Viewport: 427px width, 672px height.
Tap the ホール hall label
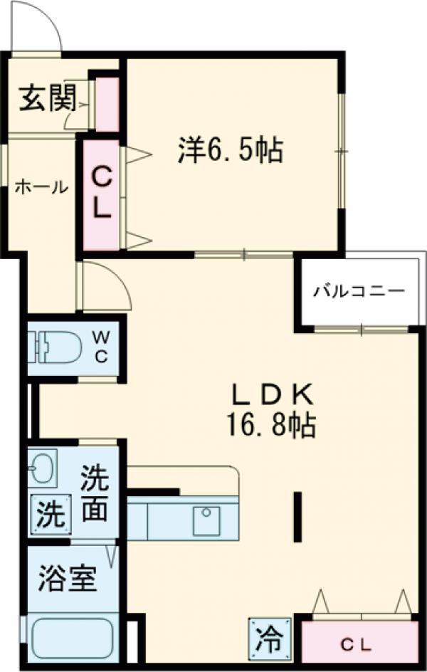pos(41,187)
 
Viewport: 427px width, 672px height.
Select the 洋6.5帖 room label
pos(230,151)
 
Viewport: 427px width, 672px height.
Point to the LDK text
pos(270,394)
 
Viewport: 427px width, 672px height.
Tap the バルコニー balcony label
pos(359,292)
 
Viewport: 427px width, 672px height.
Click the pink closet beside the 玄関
pos(107,104)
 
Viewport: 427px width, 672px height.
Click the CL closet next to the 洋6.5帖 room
pos(101,194)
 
